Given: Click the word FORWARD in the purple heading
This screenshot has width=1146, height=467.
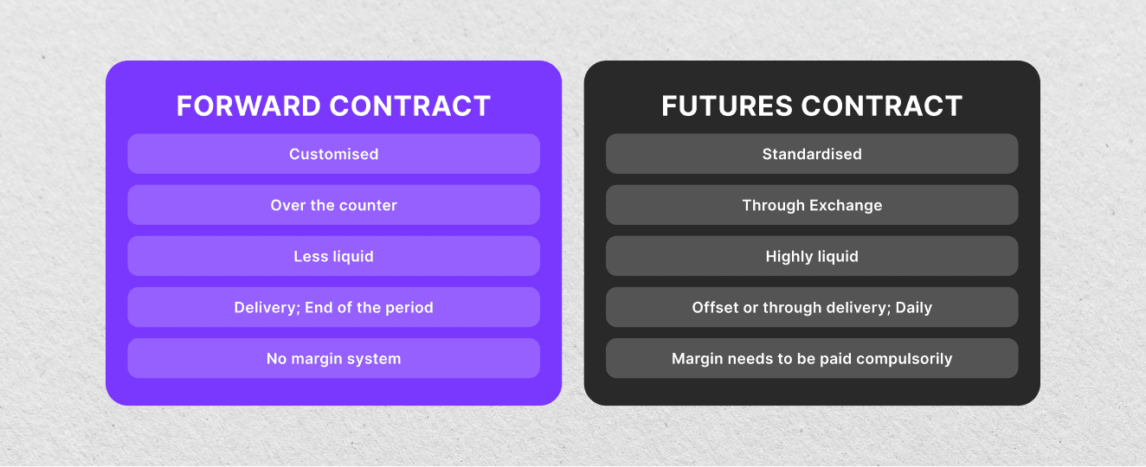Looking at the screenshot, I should pyautogui.click(x=249, y=106).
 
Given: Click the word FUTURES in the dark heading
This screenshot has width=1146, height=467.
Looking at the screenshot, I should pyautogui.click(x=726, y=106).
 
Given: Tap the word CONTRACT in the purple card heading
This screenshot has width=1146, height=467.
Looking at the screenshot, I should pyautogui.click(x=410, y=106).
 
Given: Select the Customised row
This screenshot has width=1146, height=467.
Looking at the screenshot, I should pyautogui.click(x=333, y=154).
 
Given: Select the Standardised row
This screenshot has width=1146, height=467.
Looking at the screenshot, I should pyautogui.click(x=812, y=154).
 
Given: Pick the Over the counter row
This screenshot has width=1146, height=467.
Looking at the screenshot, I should pyautogui.click(x=333, y=205).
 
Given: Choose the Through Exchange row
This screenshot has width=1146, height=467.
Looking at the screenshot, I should pyautogui.click(x=812, y=205).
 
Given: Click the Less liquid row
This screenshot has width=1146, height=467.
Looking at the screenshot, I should pyautogui.click(x=333, y=256).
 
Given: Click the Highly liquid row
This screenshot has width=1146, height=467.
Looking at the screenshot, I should pyautogui.click(x=812, y=256).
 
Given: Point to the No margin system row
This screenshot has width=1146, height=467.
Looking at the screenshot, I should pyautogui.click(x=333, y=358).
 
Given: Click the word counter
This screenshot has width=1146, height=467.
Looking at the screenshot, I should pyautogui.click(x=368, y=205).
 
